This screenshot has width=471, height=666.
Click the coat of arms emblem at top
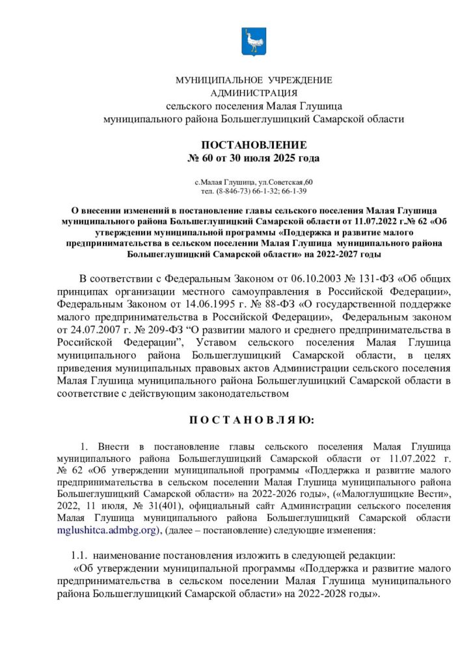pos(253,42)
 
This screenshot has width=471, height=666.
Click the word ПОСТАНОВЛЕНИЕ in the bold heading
pos(254,145)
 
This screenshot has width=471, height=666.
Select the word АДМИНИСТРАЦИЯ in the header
pos(254,93)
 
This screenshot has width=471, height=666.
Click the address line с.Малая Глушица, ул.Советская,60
pos(254,181)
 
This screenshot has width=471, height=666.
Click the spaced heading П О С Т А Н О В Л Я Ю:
pos(251,421)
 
